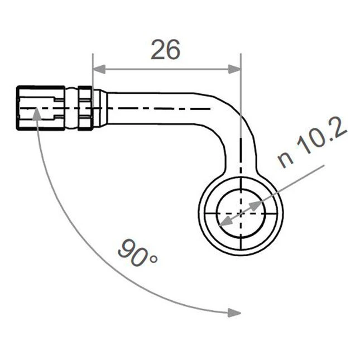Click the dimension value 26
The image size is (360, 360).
(165, 50)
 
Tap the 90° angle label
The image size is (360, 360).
(137, 253)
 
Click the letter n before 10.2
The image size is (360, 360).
(286, 159)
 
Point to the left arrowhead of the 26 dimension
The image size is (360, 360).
(99, 69)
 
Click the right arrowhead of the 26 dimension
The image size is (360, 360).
(234, 69)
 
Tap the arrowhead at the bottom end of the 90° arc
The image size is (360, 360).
(234, 313)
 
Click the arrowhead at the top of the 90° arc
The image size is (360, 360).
(36, 114)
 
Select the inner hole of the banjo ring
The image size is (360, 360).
(241, 214)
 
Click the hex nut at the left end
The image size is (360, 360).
(40, 108)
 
